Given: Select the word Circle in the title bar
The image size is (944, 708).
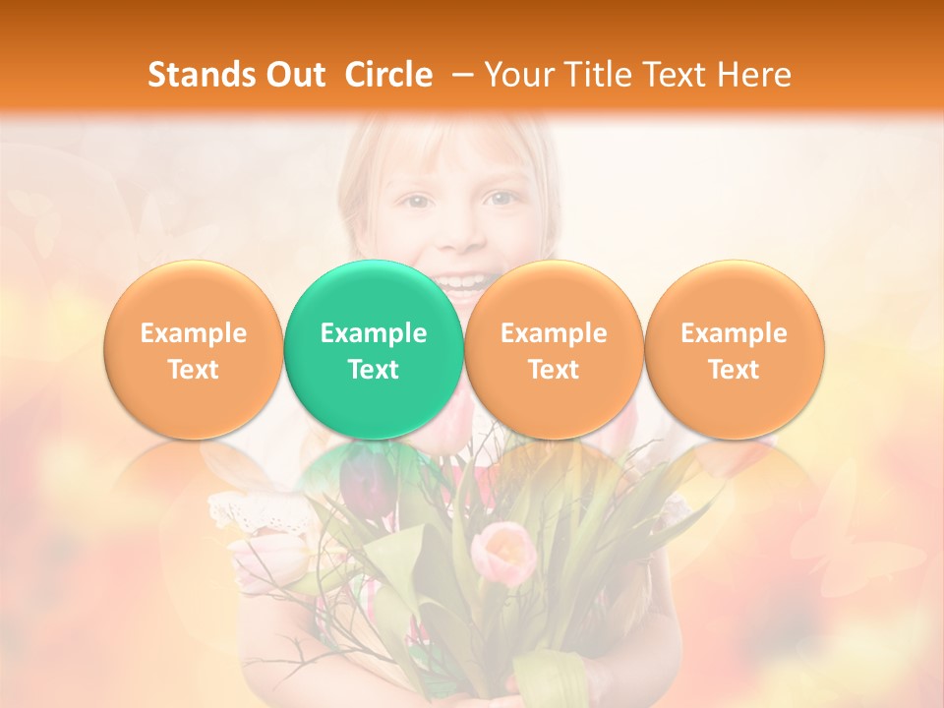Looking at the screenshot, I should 388,75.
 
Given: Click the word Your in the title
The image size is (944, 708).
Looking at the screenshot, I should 516,75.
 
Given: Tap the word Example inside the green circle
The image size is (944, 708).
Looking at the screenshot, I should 374,333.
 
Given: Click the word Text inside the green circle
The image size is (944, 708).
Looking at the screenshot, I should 374,370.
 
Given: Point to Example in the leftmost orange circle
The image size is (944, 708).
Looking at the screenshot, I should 193,333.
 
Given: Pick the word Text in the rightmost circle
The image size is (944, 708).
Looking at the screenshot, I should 734,370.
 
